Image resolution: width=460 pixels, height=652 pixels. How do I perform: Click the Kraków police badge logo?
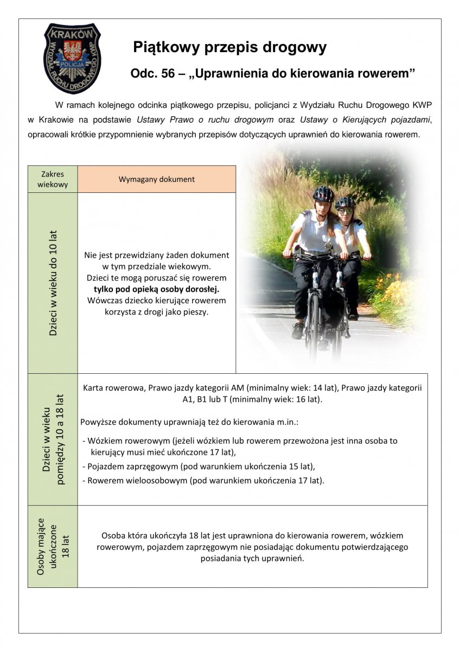click(72, 59)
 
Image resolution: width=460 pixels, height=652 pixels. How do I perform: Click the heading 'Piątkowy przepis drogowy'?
click(229, 48)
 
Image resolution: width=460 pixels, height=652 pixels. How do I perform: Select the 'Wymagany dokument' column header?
click(156, 179)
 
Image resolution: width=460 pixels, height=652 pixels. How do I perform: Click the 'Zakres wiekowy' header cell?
click(53, 179)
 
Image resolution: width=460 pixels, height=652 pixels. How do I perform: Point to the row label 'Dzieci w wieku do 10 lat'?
click(53, 283)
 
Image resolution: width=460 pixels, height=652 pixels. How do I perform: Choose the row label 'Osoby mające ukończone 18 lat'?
click(53, 546)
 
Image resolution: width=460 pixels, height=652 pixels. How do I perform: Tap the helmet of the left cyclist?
click(323, 193)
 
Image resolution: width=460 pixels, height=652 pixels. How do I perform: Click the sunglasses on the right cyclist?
click(344, 211)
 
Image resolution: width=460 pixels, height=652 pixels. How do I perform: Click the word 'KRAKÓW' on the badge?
click(72, 34)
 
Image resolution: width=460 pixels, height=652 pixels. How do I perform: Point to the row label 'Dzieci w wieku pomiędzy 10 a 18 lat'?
click(53, 439)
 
